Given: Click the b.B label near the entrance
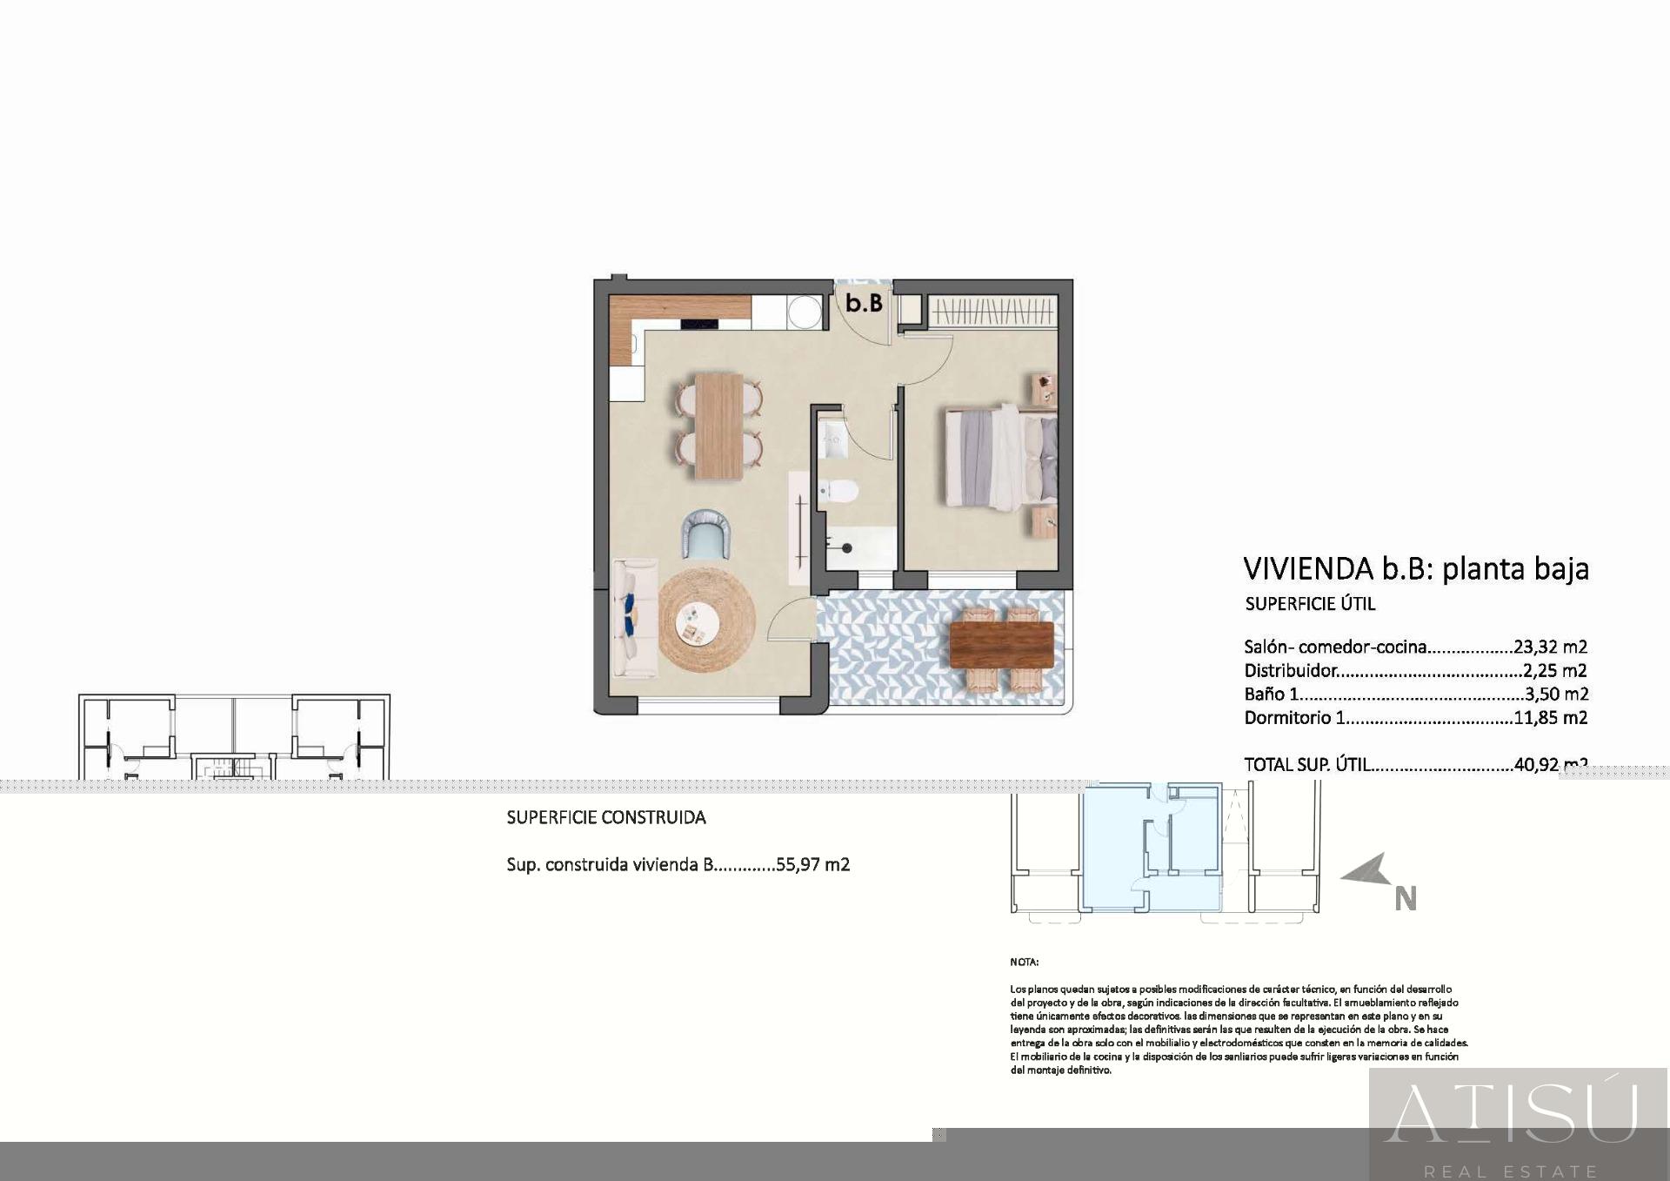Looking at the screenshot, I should pyautogui.click(x=864, y=303).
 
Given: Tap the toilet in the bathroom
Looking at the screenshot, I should pyautogui.click(x=838, y=493).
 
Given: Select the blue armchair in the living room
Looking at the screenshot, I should pyautogui.click(x=705, y=534).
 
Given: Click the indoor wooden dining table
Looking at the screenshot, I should pyautogui.click(x=719, y=426).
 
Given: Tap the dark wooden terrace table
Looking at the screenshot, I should pyautogui.click(x=1001, y=644).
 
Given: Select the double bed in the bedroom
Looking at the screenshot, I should pyautogui.click(x=1000, y=457).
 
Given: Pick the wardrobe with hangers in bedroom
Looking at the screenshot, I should pyautogui.click(x=992, y=312).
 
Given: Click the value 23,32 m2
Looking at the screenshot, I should pyautogui.click(x=1550, y=647).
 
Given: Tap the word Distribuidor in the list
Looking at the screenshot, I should pyautogui.click(x=1290, y=670).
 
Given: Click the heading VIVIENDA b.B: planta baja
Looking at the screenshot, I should pyautogui.click(x=1415, y=568).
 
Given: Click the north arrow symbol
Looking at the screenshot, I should pyautogui.click(x=1365, y=870).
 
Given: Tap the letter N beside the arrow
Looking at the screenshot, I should pyautogui.click(x=1406, y=898).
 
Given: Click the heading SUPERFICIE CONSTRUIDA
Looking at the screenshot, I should pyautogui.click(x=606, y=817).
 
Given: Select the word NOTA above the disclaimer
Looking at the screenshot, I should pyautogui.click(x=1024, y=962).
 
